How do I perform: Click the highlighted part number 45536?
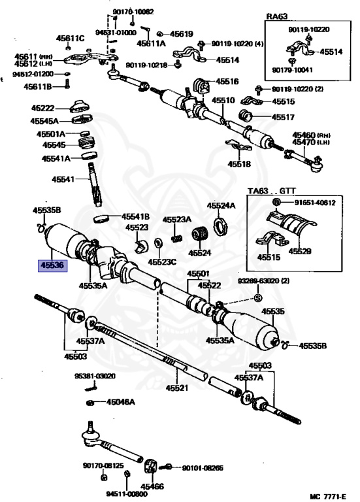click(52, 265)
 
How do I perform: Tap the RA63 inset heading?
click(276, 16)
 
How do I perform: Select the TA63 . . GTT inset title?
click(272, 191)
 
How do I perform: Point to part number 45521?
click(177, 388)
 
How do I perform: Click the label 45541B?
click(135, 217)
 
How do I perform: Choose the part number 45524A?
click(221, 205)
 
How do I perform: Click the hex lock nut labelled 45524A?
click(220, 226)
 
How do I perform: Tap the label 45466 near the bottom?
click(152, 486)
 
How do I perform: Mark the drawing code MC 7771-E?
click(328, 496)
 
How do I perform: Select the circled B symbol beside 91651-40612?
click(277, 203)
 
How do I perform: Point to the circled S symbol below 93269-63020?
click(258, 298)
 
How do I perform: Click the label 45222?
click(42, 109)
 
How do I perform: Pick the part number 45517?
click(283, 117)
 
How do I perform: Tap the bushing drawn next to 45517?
click(246, 116)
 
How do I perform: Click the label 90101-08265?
click(203, 468)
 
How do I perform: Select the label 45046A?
click(120, 402)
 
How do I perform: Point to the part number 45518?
click(239, 164)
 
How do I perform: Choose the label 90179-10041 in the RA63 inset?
click(293, 70)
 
